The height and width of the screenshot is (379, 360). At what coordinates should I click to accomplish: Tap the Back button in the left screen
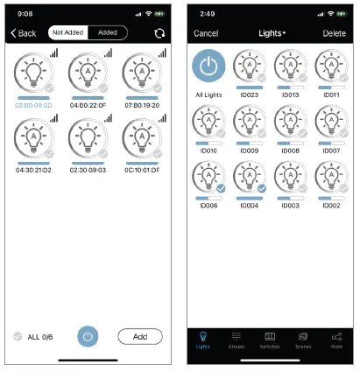(24, 33)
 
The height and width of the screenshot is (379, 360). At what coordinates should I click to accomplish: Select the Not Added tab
(68, 33)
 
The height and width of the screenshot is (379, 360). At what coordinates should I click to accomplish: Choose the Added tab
(109, 33)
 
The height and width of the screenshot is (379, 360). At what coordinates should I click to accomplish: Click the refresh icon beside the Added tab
(159, 33)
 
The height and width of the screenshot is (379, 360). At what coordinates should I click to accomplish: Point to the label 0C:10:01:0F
(141, 169)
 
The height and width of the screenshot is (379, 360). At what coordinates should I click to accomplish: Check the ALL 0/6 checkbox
(18, 336)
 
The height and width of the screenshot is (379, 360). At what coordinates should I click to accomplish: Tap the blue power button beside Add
(88, 336)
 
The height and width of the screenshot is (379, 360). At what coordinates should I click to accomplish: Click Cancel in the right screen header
(206, 33)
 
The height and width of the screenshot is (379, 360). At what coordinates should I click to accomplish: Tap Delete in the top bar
(335, 33)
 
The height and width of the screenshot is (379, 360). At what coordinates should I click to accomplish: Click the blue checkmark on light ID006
(221, 187)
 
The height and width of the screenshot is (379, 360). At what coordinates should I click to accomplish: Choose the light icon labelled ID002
(331, 178)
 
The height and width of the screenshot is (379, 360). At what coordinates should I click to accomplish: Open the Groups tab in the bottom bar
(236, 340)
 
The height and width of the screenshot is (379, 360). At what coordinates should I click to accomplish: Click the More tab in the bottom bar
(336, 340)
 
